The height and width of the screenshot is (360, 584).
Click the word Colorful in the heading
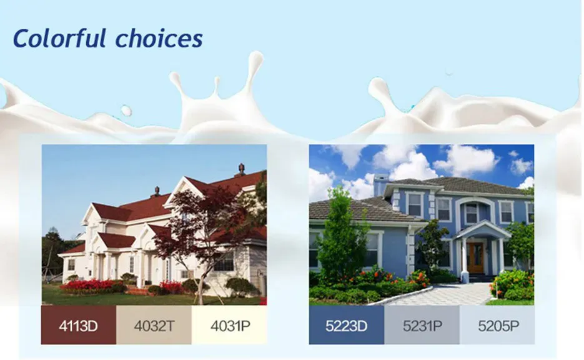point(60,39)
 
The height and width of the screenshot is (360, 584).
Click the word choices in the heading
point(159,39)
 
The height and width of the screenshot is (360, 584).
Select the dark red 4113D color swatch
point(79,325)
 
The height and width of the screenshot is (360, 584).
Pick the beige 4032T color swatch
point(154,325)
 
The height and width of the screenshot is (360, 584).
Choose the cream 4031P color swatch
point(229,325)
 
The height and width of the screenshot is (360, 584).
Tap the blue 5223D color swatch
point(346,325)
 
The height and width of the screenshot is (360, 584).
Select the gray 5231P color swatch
point(422,325)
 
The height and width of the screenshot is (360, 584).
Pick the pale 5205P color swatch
point(497,325)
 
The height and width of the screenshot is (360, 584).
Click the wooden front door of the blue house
point(475,258)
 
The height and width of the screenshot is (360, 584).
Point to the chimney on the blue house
point(380,185)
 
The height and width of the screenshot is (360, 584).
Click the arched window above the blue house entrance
point(472,212)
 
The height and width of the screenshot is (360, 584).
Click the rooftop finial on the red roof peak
point(241,169)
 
